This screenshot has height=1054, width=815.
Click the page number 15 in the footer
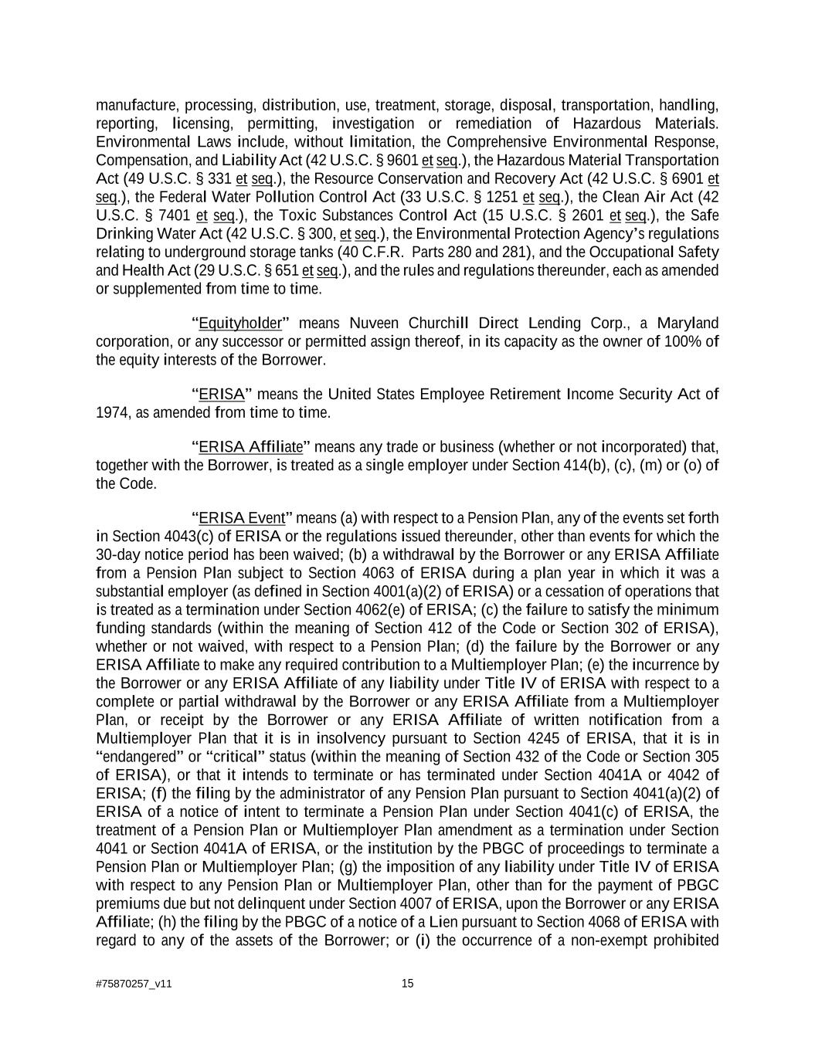[408, 984]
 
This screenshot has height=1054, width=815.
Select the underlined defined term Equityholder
[240, 324]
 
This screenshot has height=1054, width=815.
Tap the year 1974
[113, 413]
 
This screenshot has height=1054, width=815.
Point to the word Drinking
[122, 234]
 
